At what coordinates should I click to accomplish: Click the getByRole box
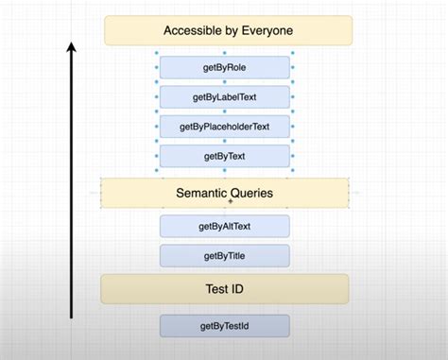click(225, 67)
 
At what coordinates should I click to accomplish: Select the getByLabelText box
click(225, 96)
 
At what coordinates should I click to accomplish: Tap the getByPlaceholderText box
click(225, 126)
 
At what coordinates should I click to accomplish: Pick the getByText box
click(225, 155)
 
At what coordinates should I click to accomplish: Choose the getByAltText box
click(225, 226)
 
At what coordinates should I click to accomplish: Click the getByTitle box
click(225, 255)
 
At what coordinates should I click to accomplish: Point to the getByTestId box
click(225, 326)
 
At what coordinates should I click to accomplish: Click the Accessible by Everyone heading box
click(228, 30)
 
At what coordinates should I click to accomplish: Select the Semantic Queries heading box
click(225, 193)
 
